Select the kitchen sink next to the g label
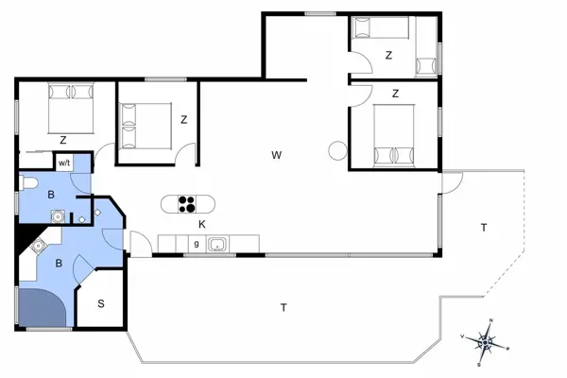(x=217, y=245)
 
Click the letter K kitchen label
(x=202, y=224)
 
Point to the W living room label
(x=277, y=154)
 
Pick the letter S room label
(x=102, y=304)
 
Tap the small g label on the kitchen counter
(x=196, y=245)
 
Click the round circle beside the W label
(x=336, y=148)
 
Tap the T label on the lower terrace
(x=283, y=307)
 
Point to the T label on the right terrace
(x=483, y=228)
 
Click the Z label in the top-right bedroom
(x=388, y=56)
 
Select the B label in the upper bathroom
(x=52, y=196)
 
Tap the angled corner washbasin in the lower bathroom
(x=39, y=247)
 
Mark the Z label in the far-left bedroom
(x=62, y=140)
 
